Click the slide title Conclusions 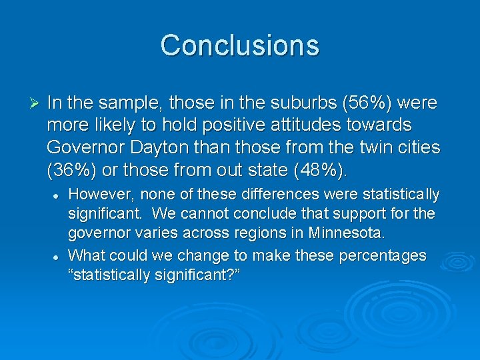[x=240, y=45]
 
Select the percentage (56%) [x=361, y=103]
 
